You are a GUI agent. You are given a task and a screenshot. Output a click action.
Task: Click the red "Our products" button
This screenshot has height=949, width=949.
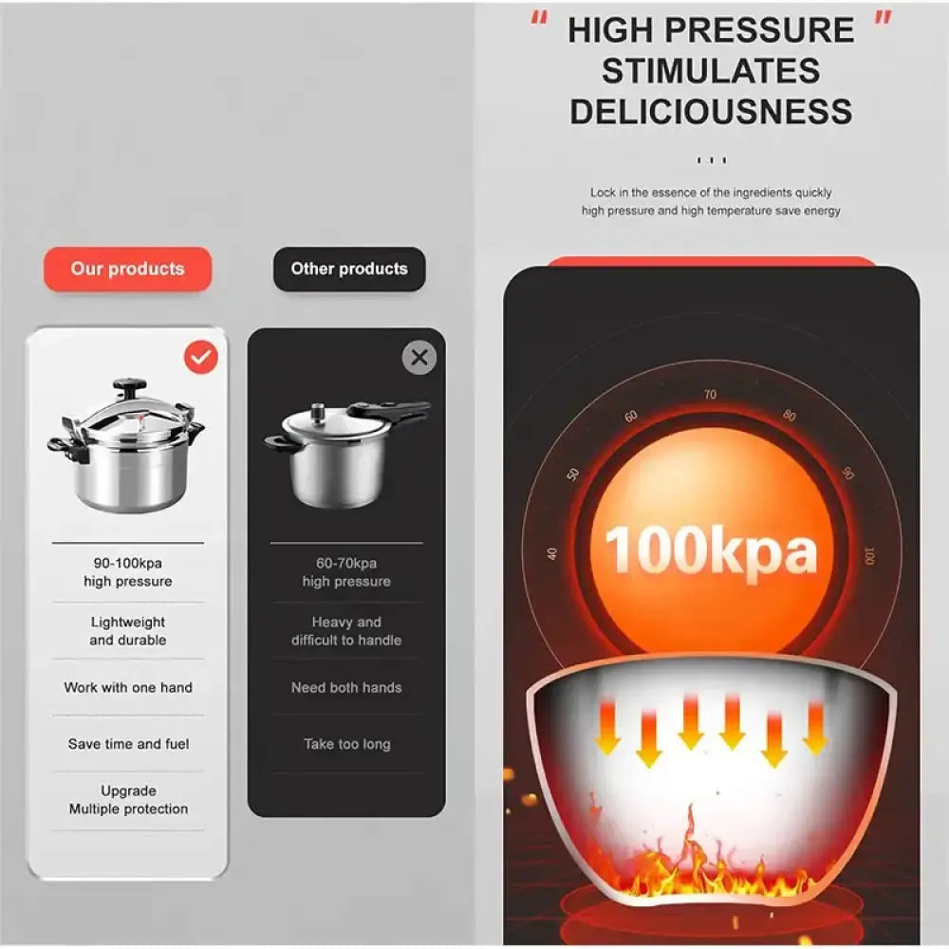[x=127, y=269]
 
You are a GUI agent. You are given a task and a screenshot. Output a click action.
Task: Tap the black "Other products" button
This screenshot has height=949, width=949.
[x=349, y=269]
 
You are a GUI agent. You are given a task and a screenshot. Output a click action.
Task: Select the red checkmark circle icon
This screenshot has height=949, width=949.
[x=200, y=357]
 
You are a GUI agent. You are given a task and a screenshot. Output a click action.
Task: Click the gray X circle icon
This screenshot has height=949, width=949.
[x=419, y=358]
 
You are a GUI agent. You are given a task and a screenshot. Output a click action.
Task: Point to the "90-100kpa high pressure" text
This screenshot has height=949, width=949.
[x=127, y=572]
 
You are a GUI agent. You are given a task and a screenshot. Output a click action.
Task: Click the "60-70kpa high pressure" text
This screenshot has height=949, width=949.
[x=346, y=572]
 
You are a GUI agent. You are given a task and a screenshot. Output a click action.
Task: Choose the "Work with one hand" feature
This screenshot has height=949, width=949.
[x=128, y=687]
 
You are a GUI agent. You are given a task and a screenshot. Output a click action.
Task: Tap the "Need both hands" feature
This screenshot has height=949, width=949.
[x=346, y=687]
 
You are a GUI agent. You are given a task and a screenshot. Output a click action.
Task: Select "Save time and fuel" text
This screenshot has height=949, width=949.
[x=128, y=744]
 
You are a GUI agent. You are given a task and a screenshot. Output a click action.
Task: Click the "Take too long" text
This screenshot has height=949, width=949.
[x=346, y=744]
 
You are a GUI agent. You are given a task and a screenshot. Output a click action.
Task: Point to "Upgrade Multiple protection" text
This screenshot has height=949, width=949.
[x=128, y=800]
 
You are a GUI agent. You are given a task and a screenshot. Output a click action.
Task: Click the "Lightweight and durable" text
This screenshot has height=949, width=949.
[x=128, y=631]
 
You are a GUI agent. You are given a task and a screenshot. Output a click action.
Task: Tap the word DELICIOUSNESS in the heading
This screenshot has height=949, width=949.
[x=711, y=111]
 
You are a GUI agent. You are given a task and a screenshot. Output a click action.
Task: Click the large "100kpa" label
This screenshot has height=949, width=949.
[x=711, y=551]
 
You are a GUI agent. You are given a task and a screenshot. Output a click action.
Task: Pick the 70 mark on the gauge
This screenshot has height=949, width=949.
[x=710, y=395]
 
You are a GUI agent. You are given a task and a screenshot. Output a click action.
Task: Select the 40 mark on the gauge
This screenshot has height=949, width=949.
[x=552, y=554]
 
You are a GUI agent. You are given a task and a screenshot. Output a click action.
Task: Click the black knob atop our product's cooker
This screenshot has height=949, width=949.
[x=129, y=386]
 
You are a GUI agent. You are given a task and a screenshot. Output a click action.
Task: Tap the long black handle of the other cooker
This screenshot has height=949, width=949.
[x=391, y=411]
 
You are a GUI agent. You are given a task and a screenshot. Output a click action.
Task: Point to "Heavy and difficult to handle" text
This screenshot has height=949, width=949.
[x=346, y=631]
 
